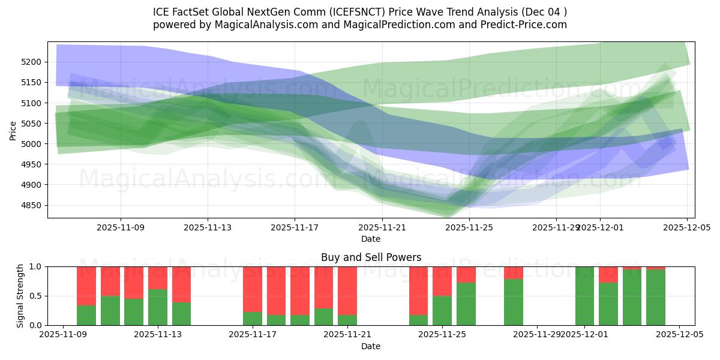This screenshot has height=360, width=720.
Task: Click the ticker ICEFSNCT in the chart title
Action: pyautogui.click(x=344, y=11)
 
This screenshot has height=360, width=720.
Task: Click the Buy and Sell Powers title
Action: pyautogui.click(x=371, y=257)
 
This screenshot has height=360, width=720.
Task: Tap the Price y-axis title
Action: pyautogui.click(x=13, y=130)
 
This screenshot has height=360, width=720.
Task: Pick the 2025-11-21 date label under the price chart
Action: pyautogui.click(x=382, y=228)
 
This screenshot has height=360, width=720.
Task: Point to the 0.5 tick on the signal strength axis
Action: pyautogui.click(x=35, y=296)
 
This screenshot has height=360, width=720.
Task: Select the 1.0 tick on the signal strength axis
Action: pyautogui.click(x=35, y=266)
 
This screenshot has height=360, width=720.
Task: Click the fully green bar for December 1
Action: pyautogui.click(x=584, y=296)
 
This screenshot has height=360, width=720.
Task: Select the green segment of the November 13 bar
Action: pyautogui.click(x=158, y=307)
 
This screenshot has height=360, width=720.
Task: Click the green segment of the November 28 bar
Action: pyautogui.click(x=513, y=302)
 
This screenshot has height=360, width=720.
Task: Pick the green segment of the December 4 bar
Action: pyautogui.click(x=656, y=298)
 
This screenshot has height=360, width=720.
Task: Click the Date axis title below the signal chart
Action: pyautogui.click(x=371, y=346)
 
